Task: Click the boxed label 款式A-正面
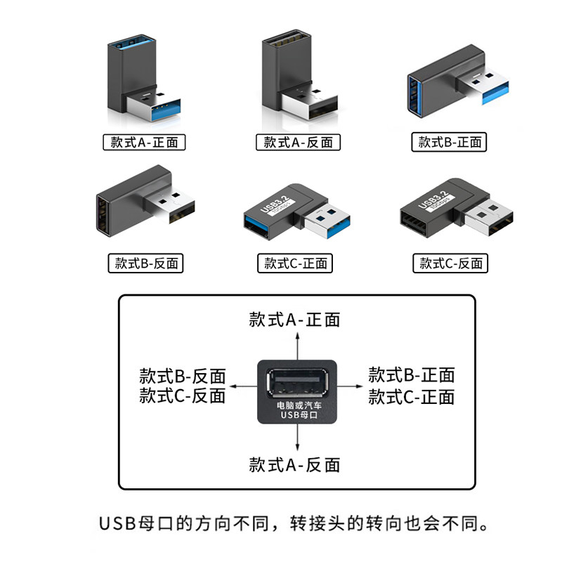point(145,142)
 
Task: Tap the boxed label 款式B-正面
point(449,142)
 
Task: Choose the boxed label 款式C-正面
point(295,263)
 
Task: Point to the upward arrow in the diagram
point(298,344)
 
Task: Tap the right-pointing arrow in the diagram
point(351,386)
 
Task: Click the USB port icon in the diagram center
point(298,384)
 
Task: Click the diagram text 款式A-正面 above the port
point(294,320)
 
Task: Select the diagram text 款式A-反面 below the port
point(294,464)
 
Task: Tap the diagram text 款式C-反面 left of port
point(183,396)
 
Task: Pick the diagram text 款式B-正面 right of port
point(412,374)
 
